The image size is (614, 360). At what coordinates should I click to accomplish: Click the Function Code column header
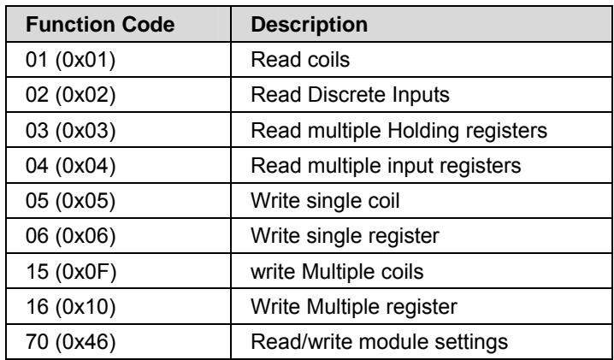[100, 25]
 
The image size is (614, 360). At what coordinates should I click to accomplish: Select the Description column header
[309, 25]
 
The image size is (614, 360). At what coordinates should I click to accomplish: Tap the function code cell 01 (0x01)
[70, 60]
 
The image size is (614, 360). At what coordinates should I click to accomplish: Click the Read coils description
[300, 60]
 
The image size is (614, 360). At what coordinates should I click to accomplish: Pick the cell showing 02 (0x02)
[70, 95]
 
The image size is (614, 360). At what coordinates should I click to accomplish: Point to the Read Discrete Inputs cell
[350, 95]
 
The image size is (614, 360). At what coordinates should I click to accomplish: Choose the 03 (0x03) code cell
[70, 131]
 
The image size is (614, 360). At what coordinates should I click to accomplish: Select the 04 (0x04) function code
[70, 166]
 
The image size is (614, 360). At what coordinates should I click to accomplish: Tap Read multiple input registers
[386, 166]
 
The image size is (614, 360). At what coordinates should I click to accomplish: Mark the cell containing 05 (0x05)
[70, 201]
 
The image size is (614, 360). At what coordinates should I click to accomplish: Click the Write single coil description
[325, 201]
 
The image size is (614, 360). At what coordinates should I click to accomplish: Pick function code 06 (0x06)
[70, 236]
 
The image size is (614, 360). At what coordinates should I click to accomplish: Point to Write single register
[345, 237]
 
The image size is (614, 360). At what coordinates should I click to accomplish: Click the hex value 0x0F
[86, 271]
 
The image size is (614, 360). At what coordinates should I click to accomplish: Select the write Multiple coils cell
[337, 271]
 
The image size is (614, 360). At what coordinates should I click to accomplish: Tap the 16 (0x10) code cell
[70, 307]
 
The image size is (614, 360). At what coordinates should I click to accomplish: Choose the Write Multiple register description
[353, 307]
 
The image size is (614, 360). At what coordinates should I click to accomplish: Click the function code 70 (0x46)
[70, 342]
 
